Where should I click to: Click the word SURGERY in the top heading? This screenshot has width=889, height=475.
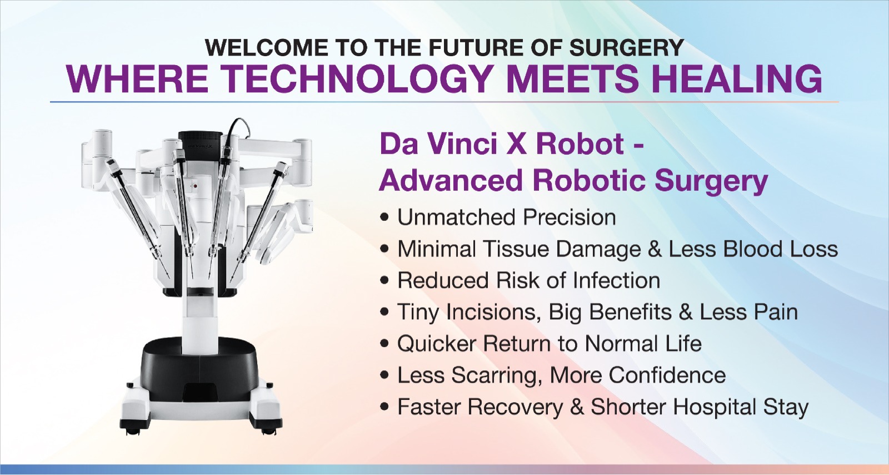coord(626,48)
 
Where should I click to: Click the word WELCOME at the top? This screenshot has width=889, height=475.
coord(266,48)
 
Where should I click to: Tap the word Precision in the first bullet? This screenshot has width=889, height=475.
coord(570,217)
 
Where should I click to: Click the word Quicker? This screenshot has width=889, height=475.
coord(436,344)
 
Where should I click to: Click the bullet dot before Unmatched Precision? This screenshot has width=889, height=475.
coord(384,218)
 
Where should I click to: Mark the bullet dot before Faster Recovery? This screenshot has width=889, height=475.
coord(384,407)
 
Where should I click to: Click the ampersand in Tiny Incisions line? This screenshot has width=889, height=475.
coord(686,312)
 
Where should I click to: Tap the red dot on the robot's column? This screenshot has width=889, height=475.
coord(195,185)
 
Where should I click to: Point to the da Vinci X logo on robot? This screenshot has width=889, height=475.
coord(200,146)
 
